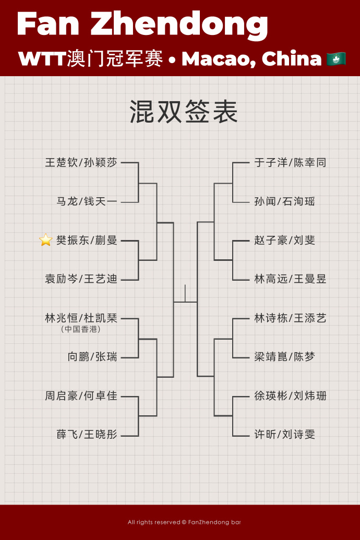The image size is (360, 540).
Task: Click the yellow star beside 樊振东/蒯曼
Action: [x=45, y=239]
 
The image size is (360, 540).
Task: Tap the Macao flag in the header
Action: [x=336, y=59]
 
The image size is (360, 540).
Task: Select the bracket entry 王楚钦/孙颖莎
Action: [x=81, y=163]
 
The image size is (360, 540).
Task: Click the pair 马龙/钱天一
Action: [x=87, y=201]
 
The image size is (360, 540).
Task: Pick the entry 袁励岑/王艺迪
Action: [x=81, y=279]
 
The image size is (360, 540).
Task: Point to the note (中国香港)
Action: [x=81, y=329]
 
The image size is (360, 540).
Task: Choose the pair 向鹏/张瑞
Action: [x=92, y=356]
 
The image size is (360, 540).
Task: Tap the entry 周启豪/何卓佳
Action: [x=81, y=395]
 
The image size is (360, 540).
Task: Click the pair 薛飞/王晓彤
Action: [x=87, y=434]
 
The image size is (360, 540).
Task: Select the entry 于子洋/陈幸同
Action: [x=290, y=163]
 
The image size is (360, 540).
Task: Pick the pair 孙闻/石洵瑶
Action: [x=284, y=201]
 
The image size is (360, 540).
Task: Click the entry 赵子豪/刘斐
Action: [x=284, y=240]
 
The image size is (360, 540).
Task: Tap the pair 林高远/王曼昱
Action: [x=290, y=279]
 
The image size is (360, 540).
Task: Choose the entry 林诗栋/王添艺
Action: [x=290, y=318]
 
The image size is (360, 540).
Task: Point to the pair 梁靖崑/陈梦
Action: [x=284, y=356]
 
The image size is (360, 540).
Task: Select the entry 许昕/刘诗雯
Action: [x=284, y=434]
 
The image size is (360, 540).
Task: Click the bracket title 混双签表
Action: [x=183, y=112]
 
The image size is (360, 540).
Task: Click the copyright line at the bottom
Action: [x=184, y=522]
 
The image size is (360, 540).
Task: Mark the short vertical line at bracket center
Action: [x=185, y=293]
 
